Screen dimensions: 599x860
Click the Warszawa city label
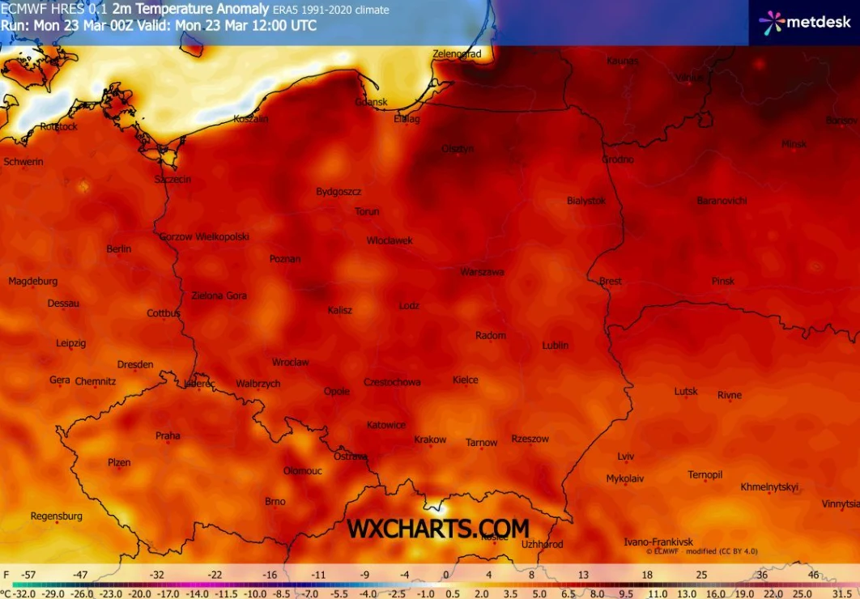click(x=482, y=272)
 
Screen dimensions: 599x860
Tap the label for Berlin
click(x=118, y=249)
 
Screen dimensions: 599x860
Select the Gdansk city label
click(x=371, y=102)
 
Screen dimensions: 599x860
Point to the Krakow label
click(x=430, y=440)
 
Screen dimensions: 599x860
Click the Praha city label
click(x=168, y=435)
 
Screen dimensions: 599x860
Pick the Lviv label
click(x=626, y=456)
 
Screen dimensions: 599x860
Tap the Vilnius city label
click(x=689, y=77)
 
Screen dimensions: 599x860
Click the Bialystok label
click(x=586, y=200)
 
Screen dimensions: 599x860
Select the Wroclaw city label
click(x=290, y=362)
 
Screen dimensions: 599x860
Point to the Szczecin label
click(x=173, y=179)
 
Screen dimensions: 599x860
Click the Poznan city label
click(x=285, y=259)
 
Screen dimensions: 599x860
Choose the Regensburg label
click(x=57, y=516)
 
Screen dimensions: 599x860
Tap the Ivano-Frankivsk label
click(x=658, y=542)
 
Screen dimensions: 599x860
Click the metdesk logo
click(x=805, y=22)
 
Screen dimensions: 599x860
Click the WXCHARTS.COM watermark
click(x=438, y=529)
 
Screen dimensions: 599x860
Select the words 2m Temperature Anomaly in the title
click(x=190, y=9)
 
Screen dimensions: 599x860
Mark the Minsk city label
click(x=794, y=144)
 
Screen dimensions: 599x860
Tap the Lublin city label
click(x=555, y=345)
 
